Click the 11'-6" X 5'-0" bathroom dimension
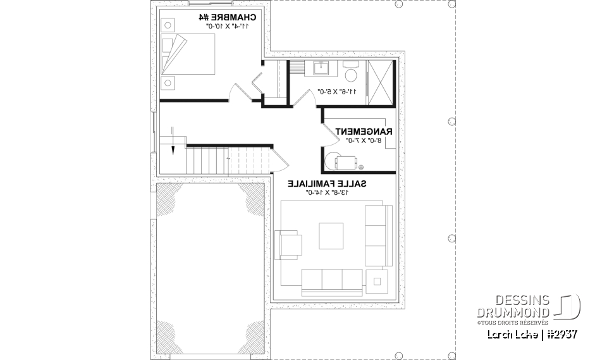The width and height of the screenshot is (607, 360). click(337, 91)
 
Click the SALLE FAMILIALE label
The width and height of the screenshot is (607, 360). click(328, 183)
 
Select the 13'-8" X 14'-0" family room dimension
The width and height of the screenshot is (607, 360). click(328, 192)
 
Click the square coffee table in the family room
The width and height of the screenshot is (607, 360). click(331, 235)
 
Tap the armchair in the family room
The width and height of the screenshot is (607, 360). click(289, 244)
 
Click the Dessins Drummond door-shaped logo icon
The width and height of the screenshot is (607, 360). click(568, 306)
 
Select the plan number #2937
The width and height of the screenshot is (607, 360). click(559, 333)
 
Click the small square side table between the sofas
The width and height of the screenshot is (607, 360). click(379, 279)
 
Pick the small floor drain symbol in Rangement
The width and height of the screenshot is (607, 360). click(360, 168)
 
